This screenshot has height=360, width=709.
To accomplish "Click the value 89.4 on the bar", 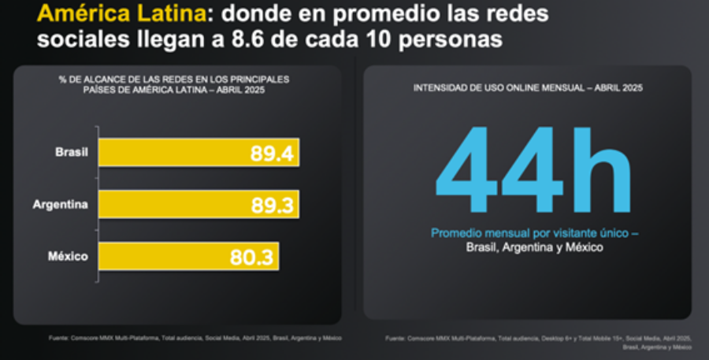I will click(x=272, y=153).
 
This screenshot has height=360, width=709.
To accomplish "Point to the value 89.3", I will click(x=272, y=205).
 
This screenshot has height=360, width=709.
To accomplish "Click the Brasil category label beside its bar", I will click(x=71, y=152).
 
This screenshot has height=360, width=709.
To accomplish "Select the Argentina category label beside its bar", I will click(x=60, y=204).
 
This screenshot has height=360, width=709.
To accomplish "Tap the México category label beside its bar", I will click(x=69, y=256).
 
